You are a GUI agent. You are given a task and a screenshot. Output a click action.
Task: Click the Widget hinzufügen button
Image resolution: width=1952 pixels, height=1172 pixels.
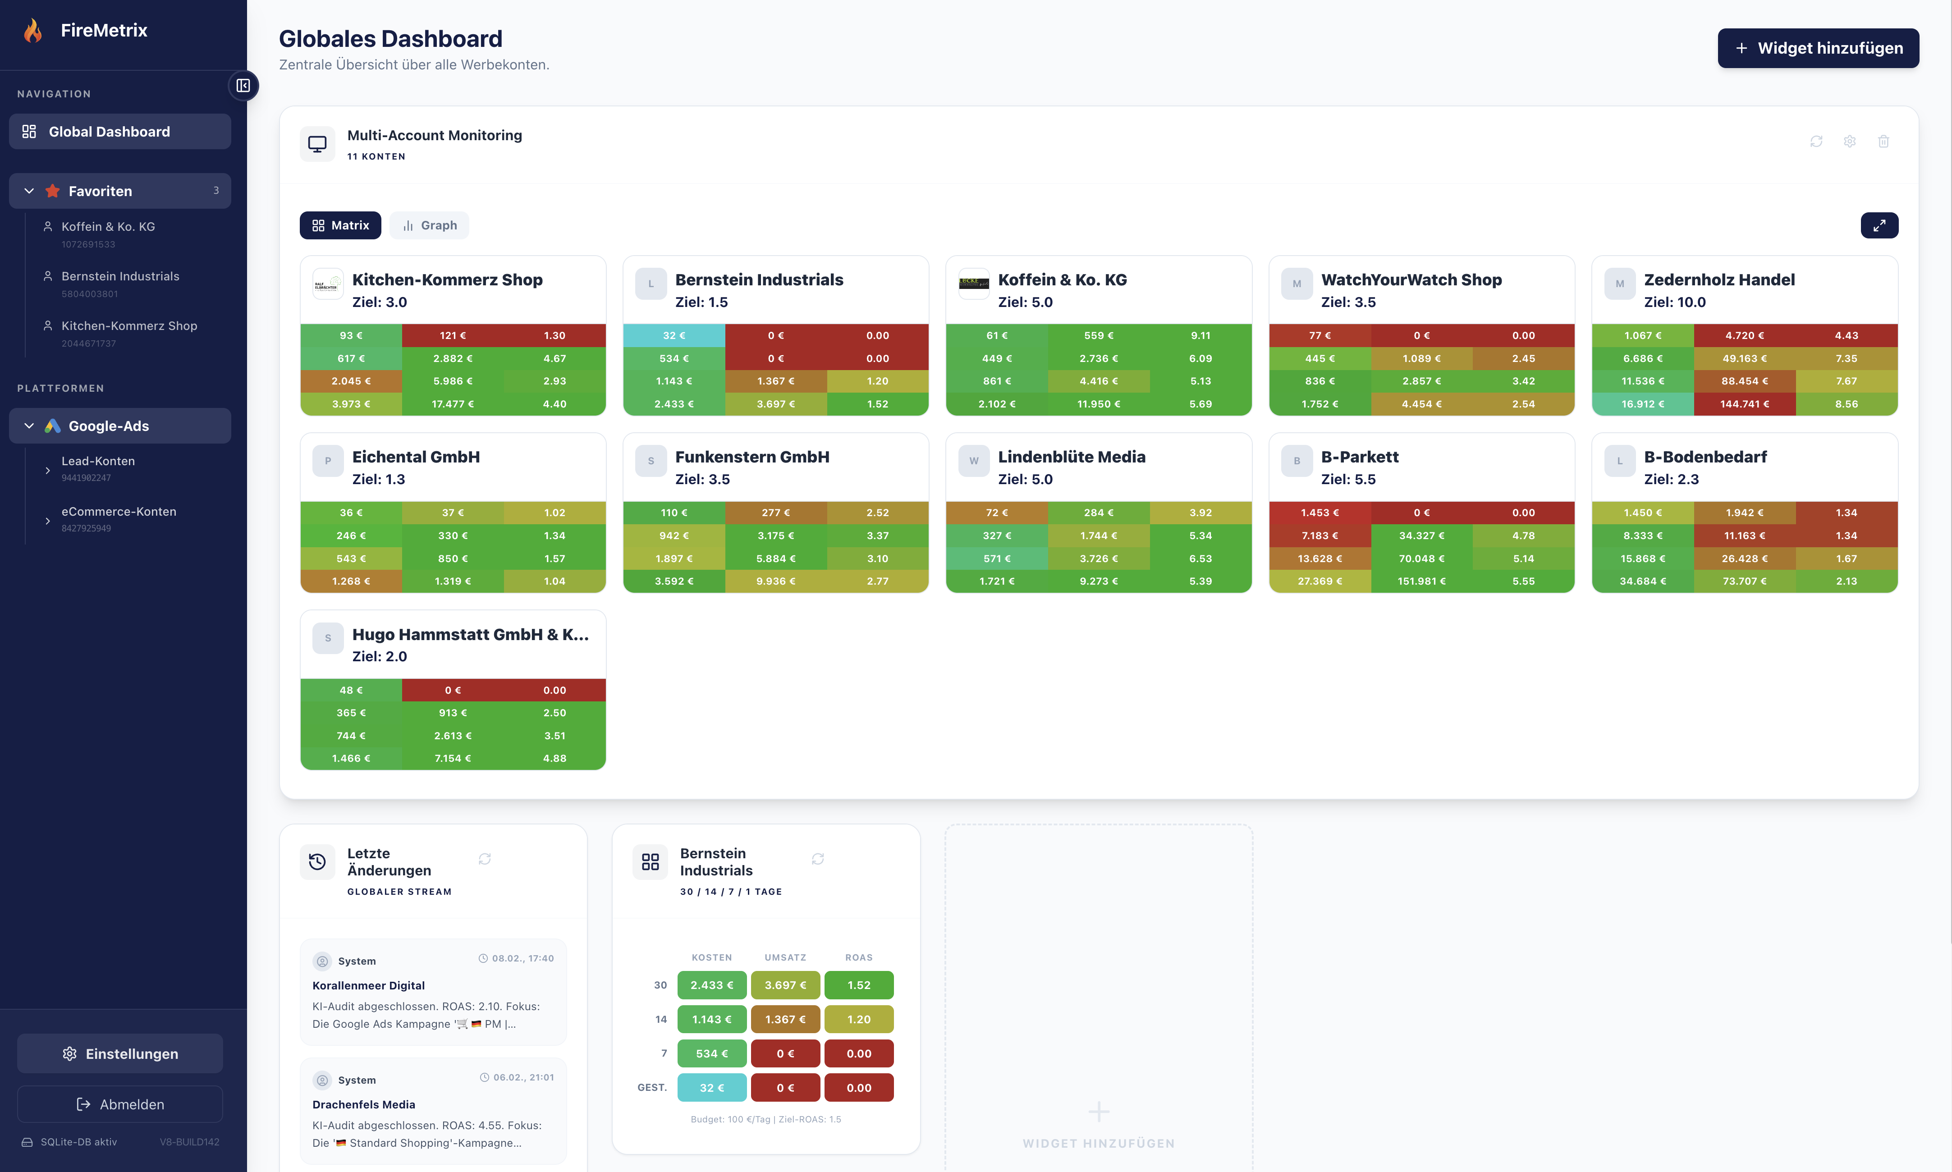coord(1818,48)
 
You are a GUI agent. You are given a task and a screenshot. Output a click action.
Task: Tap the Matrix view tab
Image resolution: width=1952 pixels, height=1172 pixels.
coord(340,225)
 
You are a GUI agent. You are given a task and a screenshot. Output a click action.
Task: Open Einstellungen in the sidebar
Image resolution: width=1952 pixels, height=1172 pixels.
coord(120,1053)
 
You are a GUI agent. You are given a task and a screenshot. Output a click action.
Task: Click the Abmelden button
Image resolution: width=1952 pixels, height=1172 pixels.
coord(120,1104)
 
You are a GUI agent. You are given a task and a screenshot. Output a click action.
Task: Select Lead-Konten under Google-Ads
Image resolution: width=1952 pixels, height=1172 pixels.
coord(98,461)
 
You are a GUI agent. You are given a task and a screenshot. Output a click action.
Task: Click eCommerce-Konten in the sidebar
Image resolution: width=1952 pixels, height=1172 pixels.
coord(119,512)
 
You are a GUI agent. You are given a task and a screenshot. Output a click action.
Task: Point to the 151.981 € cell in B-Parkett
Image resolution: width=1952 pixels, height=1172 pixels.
coord(1421,581)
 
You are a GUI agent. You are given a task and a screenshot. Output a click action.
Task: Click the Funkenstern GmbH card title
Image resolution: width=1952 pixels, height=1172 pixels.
coord(752,457)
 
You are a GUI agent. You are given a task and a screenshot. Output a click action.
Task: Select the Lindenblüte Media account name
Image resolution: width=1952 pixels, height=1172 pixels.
coord(1072,457)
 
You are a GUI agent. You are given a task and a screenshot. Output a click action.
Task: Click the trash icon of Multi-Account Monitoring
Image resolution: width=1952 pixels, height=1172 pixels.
coord(1883,142)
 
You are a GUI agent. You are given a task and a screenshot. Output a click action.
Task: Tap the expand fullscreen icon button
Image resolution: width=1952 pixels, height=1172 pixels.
coord(1879,225)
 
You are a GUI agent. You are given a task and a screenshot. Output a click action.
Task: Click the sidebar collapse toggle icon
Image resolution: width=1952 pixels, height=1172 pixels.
coord(243,85)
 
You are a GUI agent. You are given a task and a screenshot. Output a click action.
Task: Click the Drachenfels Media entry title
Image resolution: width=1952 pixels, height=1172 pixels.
coord(363,1104)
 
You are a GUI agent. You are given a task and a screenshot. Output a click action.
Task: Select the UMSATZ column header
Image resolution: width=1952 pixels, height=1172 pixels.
coord(785,957)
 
